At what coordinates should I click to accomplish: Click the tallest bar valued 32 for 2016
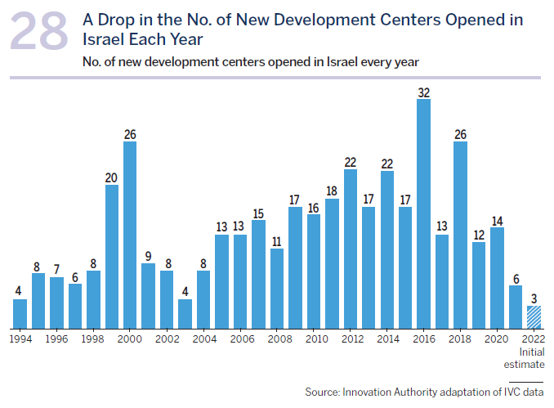pyautogui.click(x=423, y=213)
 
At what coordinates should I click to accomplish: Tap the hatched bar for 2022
pyautogui.click(x=534, y=317)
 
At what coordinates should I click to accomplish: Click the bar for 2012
pyautogui.click(x=350, y=249)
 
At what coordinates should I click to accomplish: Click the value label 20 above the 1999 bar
pyautogui.click(x=111, y=177)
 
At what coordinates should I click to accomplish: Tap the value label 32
pyautogui.click(x=423, y=92)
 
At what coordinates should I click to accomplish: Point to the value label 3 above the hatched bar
pyautogui.click(x=534, y=298)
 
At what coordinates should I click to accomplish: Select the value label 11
pyautogui.click(x=277, y=241)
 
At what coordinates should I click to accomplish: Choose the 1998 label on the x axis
pyautogui.click(x=93, y=338)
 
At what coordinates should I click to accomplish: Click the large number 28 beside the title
pyautogui.click(x=40, y=34)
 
